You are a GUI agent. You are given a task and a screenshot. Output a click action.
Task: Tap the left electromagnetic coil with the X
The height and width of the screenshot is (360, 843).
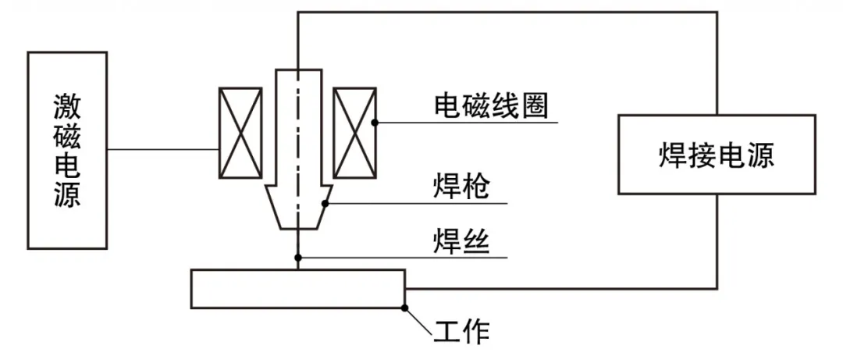[240, 132]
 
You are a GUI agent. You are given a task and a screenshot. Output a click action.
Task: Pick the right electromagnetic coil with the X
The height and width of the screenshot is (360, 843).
[354, 132]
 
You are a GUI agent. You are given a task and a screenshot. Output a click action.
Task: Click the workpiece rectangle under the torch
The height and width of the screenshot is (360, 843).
[297, 289]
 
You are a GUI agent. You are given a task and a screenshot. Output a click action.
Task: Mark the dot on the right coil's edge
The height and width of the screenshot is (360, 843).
[375, 122]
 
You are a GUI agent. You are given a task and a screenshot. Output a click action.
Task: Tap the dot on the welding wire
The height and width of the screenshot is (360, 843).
[297, 257]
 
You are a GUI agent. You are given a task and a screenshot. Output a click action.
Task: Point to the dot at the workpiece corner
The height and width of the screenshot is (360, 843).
[404, 308]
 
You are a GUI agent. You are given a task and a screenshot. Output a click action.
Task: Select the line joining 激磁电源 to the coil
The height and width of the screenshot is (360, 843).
[162, 149]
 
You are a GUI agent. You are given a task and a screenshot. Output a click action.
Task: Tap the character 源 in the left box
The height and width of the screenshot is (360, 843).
[67, 195]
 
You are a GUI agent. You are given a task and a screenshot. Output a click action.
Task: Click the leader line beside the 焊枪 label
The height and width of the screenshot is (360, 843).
[421, 204]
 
